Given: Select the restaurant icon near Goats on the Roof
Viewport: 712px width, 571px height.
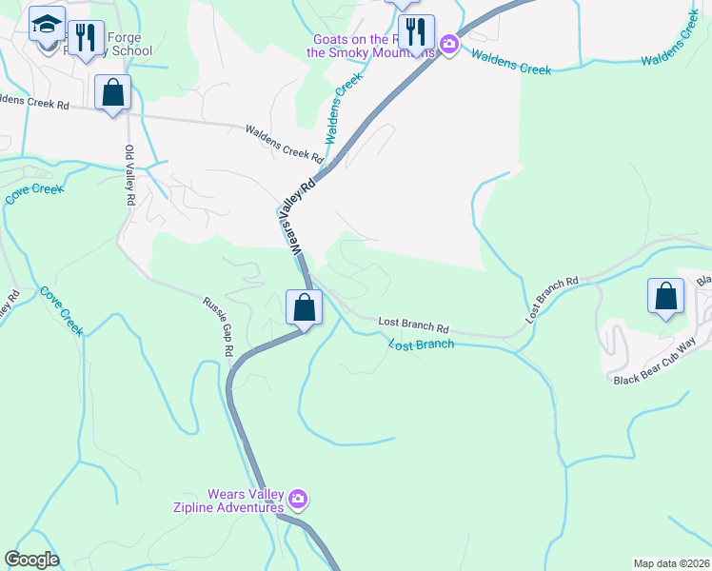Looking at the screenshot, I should [416, 31].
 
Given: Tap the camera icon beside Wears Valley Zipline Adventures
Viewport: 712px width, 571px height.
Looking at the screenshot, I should [299, 499].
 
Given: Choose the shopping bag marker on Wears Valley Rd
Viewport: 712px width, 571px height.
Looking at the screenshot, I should [304, 307].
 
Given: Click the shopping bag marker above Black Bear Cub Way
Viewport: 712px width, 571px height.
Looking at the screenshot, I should [665, 295].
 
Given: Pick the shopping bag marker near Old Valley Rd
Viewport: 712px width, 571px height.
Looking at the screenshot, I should [113, 92].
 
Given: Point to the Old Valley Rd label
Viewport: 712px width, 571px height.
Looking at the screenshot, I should [131, 176].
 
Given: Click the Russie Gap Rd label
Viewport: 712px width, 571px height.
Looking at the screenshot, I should [218, 325].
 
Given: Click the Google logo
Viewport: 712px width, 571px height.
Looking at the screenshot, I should [31, 560].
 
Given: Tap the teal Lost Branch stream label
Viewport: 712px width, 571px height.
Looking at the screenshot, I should [421, 343].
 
